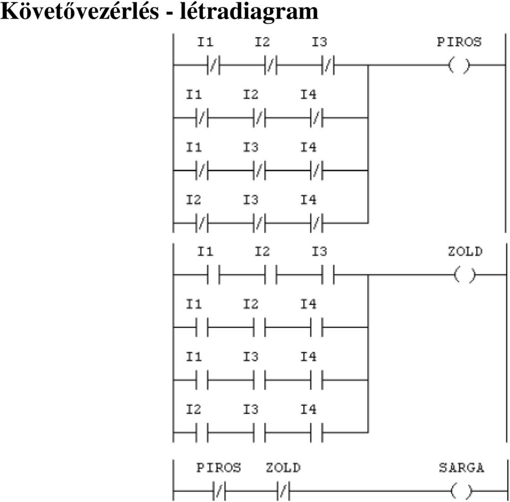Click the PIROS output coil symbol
(459, 65)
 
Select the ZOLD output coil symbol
(464, 275)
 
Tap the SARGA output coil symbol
(462, 491)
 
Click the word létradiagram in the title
(249, 11)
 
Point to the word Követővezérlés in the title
(80, 11)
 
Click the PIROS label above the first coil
(459, 42)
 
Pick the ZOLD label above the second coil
(465, 251)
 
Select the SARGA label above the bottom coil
(462, 467)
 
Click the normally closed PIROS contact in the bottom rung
(219, 491)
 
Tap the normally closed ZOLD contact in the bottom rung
(283, 491)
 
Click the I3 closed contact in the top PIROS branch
(328, 65)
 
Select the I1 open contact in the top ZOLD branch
(214, 275)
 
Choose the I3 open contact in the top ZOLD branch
(328, 275)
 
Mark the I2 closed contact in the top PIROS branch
(270, 65)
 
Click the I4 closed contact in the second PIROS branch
(317, 118)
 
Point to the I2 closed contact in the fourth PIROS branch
(202, 223)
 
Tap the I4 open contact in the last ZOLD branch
(317, 433)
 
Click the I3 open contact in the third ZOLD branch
(259, 380)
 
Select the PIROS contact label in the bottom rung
(218, 467)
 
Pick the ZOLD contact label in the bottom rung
(283, 467)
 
